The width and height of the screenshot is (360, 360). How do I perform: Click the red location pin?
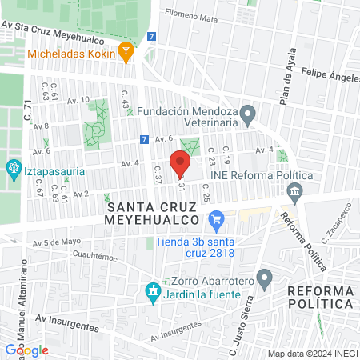[180, 164]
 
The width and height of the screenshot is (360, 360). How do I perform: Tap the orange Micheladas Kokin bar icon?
[126, 54]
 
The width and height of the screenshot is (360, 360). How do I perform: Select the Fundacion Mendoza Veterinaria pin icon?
[248, 115]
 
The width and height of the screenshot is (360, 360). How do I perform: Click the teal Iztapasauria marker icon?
[13, 168]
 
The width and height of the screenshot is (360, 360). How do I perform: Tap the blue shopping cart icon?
[214, 219]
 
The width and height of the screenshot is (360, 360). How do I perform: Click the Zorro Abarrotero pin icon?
[265, 281]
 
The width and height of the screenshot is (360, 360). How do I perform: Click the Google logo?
[26, 350]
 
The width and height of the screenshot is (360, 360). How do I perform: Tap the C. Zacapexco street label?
[336, 226]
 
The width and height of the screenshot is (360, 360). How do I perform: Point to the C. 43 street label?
[125, 99]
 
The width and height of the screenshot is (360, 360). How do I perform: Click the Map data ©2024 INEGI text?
[313, 354]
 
